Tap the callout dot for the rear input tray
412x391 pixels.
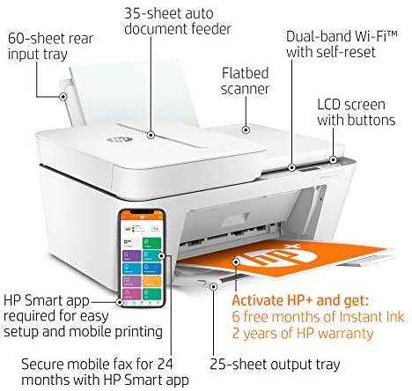(63, 97)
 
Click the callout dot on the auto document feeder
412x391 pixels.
(151, 135)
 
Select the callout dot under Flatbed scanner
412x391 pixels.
(246, 129)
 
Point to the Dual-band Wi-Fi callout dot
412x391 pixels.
(291, 167)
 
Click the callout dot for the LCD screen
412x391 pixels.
(333, 160)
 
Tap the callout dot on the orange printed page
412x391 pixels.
(236, 262)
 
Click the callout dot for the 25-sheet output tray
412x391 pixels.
(214, 286)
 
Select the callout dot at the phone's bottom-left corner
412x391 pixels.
(119, 302)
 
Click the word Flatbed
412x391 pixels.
(245, 73)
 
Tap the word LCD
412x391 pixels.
(328, 105)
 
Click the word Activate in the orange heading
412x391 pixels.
(258, 300)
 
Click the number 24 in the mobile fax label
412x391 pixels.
(165, 365)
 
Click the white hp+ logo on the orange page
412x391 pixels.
(279, 256)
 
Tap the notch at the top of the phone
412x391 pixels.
(142, 212)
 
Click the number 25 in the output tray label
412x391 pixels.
(217, 365)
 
